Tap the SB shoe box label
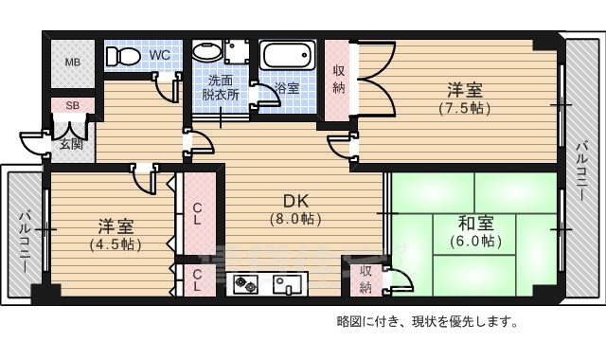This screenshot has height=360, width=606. click(x=72, y=105)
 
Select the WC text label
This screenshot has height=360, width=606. click(x=160, y=55)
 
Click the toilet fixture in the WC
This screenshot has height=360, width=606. click(x=121, y=56)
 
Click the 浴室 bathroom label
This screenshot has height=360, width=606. click(x=287, y=88)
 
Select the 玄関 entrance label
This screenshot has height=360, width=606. click(x=72, y=144)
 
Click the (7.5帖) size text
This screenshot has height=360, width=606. click(x=464, y=108)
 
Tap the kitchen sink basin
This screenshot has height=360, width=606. click(x=288, y=282)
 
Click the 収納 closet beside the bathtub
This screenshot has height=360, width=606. click(x=339, y=80)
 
